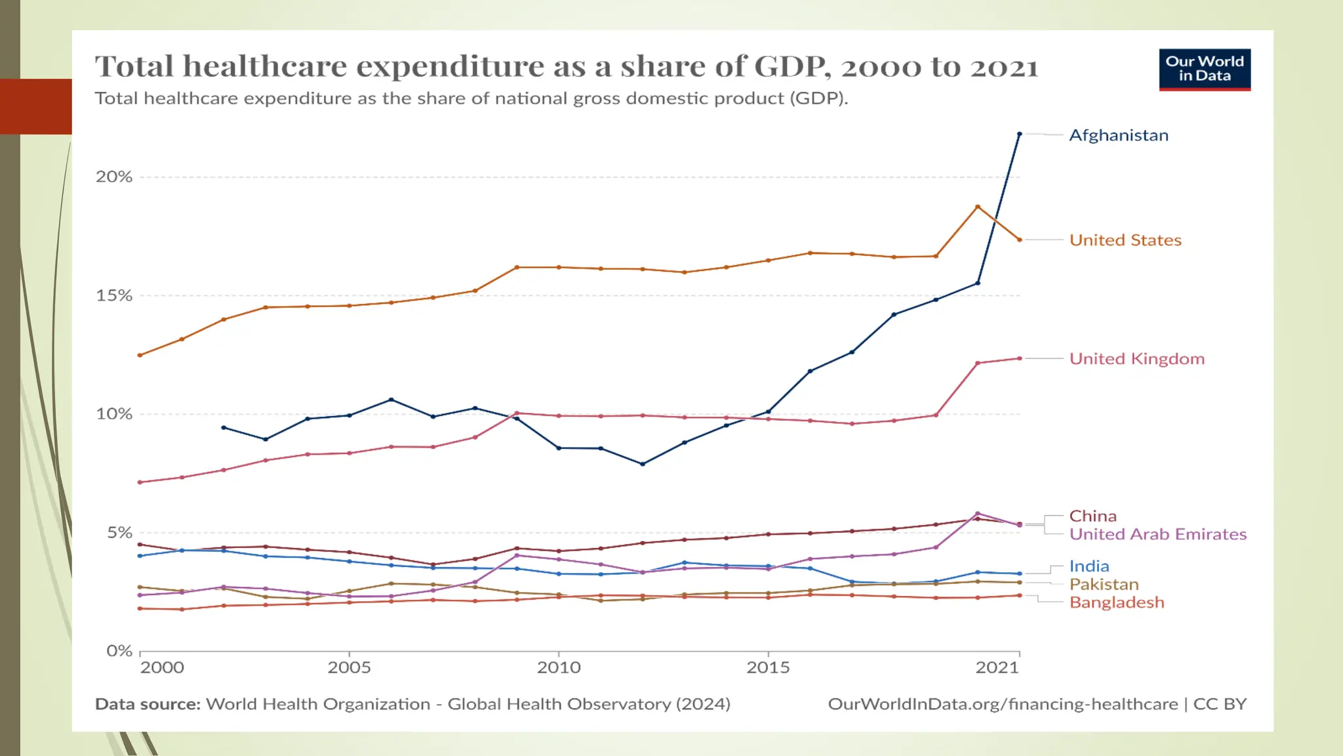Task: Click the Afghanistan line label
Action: click(x=1119, y=135)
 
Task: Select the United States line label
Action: click(x=1125, y=240)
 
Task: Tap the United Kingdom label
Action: click(x=1137, y=359)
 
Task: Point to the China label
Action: click(x=1092, y=516)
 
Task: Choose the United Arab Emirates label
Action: click(x=1158, y=534)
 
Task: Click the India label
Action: click(x=1089, y=566)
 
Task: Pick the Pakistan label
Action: click(x=1104, y=584)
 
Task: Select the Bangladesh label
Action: click(x=1117, y=602)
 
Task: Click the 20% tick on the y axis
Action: click(x=114, y=177)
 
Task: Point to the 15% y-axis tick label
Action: click(x=114, y=295)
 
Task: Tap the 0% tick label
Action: click(x=119, y=651)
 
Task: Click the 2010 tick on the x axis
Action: click(x=559, y=667)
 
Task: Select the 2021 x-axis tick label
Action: click(x=997, y=667)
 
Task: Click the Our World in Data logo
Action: click(x=1205, y=69)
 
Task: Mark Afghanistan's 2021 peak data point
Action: click(x=1020, y=134)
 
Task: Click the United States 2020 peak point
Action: click(x=978, y=207)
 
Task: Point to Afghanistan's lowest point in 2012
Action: click(x=643, y=464)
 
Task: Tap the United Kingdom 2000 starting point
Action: click(x=140, y=482)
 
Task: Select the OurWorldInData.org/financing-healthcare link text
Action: click(x=1003, y=704)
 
